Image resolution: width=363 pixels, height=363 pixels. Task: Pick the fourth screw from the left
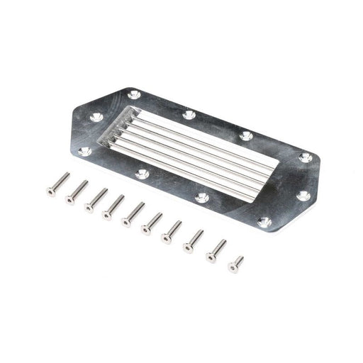tap(113, 207)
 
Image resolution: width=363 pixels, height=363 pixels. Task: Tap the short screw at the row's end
tap(235, 264)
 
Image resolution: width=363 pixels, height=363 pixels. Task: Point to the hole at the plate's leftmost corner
tap(84, 151)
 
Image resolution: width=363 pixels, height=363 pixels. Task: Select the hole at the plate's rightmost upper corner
tap(306, 157)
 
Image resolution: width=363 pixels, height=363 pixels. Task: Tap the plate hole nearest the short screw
tap(264, 223)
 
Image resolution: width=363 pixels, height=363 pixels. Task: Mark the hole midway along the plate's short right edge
tap(302, 195)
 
